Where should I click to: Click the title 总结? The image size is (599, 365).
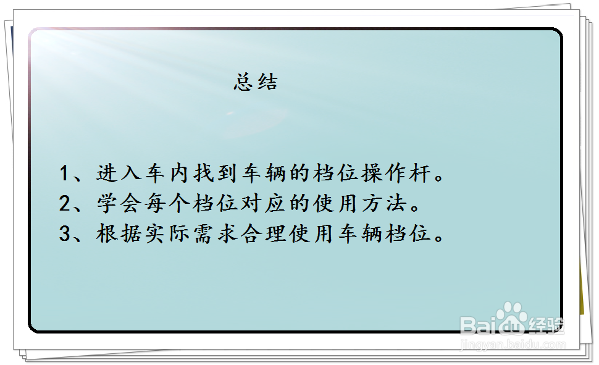pos(256,82)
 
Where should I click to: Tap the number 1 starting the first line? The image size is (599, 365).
pos(65,174)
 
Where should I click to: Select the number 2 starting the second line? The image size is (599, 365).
pos(65,203)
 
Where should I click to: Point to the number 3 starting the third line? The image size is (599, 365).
pos(65,233)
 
